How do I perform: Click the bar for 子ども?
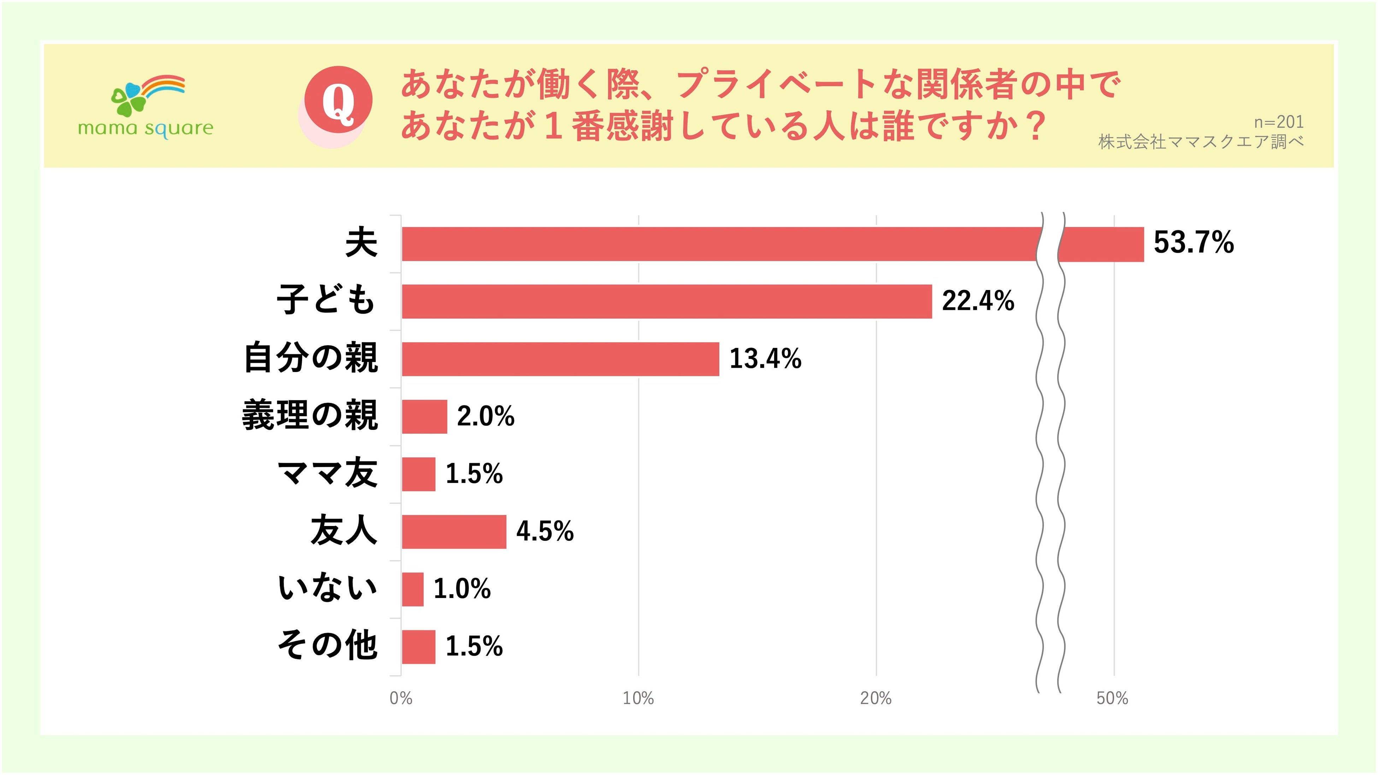tap(666, 302)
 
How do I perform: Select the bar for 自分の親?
tap(560, 359)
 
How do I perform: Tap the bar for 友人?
tap(454, 532)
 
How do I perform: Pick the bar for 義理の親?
tap(424, 417)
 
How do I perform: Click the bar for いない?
tap(412, 590)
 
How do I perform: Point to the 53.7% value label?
tap(1194, 242)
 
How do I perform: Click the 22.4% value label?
tap(978, 301)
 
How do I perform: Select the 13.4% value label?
tap(765, 358)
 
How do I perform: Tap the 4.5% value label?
tap(544, 531)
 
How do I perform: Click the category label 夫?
tap(361, 242)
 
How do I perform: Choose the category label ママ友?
tap(328, 473)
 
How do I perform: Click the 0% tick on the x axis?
tap(401, 698)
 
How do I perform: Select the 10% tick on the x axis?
tap(638, 698)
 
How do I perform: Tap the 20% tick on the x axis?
tap(876, 698)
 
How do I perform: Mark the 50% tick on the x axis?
tap(1112, 698)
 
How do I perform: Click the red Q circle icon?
tap(338, 100)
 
